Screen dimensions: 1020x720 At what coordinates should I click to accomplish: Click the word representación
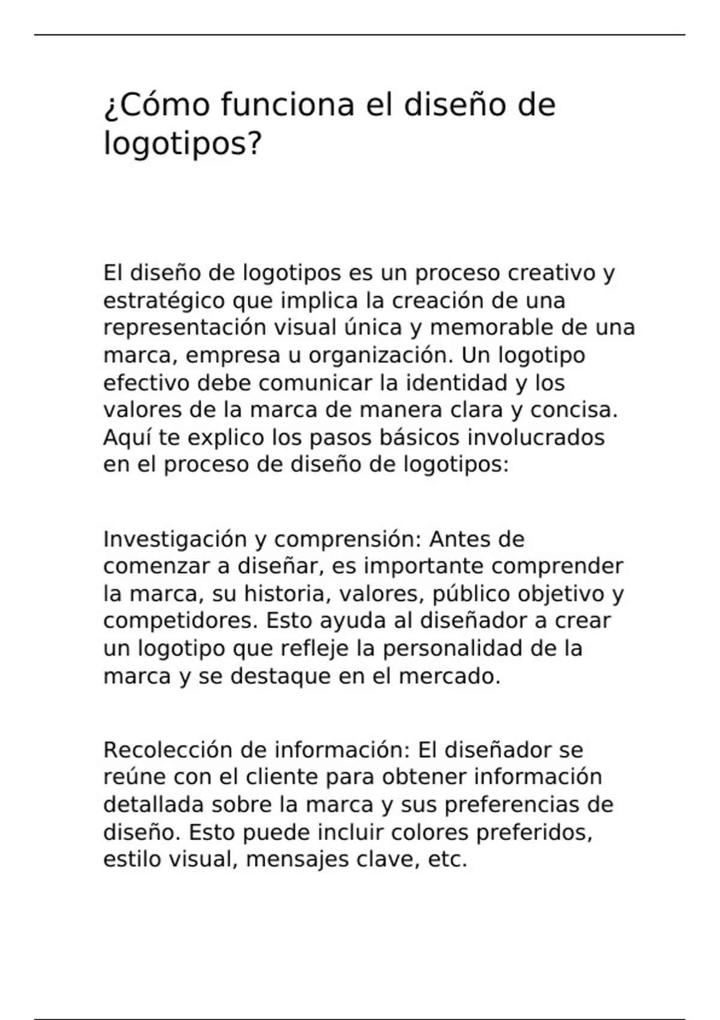(184, 328)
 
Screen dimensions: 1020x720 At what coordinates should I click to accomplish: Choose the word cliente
(282, 777)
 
